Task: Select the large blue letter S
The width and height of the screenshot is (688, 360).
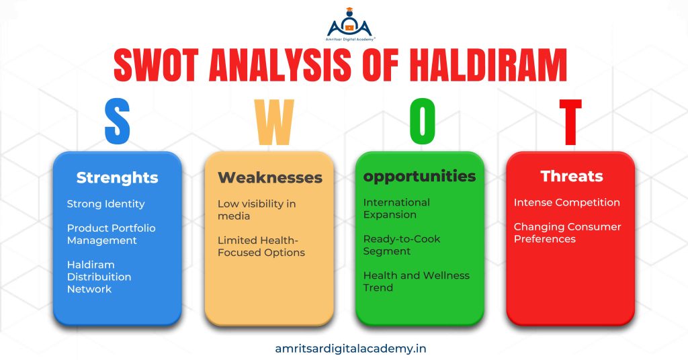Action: tap(117, 122)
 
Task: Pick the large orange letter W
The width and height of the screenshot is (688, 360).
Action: tap(274, 122)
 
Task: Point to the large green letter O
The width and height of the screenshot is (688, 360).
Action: tap(422, 122)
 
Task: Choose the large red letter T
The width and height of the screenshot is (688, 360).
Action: tap(570, 122)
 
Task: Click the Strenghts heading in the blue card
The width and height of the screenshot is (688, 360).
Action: tap(117, 177)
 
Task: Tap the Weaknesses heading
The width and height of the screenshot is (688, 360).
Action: tap(270, 177)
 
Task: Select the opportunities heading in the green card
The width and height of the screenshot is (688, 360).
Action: tap(419, 176)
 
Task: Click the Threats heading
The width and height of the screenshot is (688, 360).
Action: tap(571, 176)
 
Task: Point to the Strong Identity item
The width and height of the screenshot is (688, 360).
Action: tap(105, 204)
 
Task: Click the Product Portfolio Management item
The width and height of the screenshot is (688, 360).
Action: tap(111, 234)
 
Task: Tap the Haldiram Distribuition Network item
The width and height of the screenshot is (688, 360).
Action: tap(99, 277)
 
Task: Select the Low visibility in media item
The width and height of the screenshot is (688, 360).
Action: tap(257, 210)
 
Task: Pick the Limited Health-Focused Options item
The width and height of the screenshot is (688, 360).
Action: tap(261, 246)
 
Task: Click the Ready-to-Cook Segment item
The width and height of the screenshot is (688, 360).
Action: tap(402, 245)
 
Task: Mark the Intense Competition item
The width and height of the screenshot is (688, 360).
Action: tap(567, 203)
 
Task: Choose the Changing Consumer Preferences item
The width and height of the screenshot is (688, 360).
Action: tap(567, 233)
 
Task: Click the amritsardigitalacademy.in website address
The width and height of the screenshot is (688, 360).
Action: tap(351, 349)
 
